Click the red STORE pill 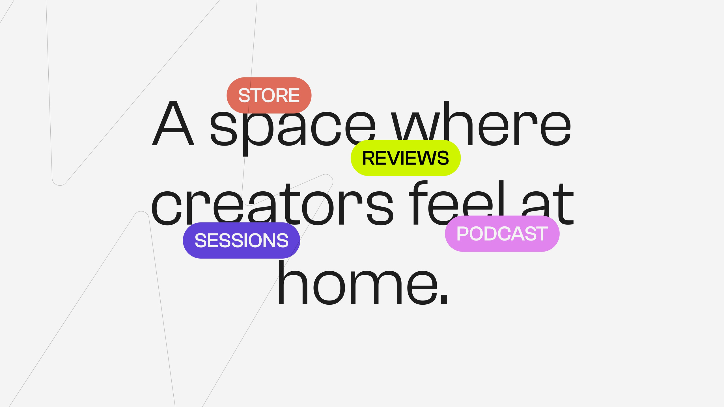pos(269,95)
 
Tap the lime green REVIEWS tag pos(406,158)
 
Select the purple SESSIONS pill pos(241,241)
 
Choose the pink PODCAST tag pos(502,234)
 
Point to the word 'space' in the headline pos(293,129)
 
